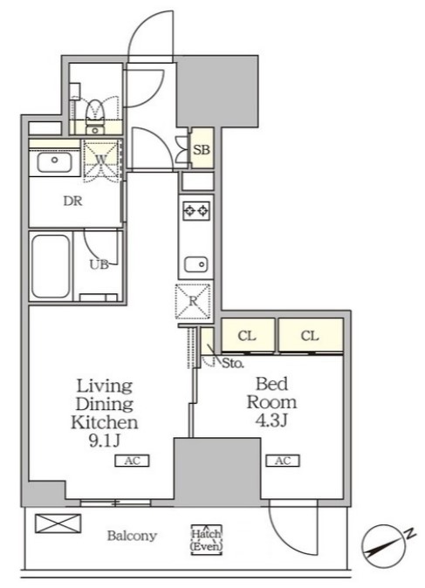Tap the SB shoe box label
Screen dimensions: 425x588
pos(202,150)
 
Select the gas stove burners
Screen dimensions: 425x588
pos(195,211)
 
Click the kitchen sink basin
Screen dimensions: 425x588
pos(195,264)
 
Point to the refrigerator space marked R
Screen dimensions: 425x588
pos(193,302)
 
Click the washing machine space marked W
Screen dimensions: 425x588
pos(100,161)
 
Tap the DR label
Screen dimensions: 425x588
pos(72,202)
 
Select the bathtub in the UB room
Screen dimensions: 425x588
pos(51,266)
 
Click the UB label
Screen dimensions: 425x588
pos(99,264)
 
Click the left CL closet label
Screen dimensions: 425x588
pos(247,336)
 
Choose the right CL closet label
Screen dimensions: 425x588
pos(310,336)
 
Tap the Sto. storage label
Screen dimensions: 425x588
pos(233,363)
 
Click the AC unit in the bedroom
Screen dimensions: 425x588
pos(283,461)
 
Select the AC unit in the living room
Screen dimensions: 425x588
pos(132,461)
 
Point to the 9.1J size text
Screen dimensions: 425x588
pos(104,441)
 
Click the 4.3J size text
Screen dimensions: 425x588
pos(271,420)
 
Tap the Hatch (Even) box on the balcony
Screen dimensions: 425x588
pos(206,540)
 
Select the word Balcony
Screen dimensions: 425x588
pos(132,536)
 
